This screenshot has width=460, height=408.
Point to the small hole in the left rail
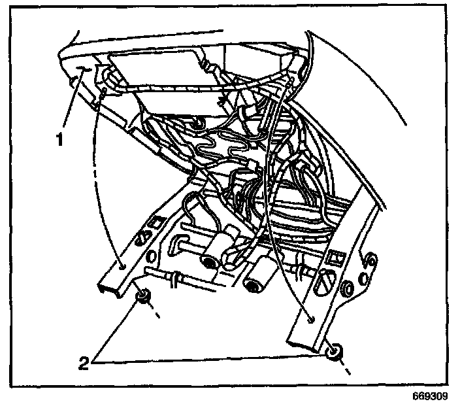[122, 266]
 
